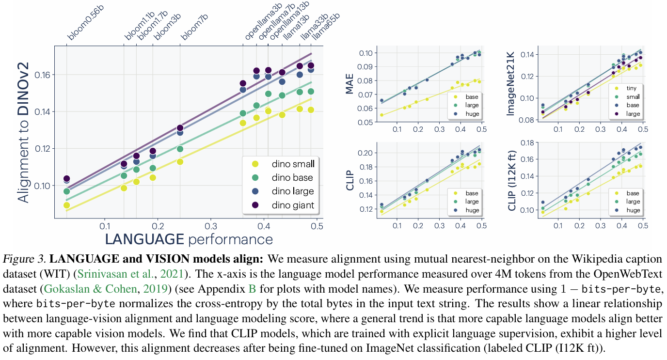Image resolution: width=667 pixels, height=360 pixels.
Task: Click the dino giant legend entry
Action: click(292, 205)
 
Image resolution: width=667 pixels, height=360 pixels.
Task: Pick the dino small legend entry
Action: click(293, 164)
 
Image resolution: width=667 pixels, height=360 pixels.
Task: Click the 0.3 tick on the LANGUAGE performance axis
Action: click(210, 226)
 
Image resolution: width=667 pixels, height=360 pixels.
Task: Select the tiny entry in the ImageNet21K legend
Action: click(630, 88)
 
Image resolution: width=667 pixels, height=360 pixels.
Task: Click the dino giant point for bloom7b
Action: click(180, 128)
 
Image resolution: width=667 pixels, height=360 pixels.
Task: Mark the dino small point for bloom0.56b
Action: click(66, 205)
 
